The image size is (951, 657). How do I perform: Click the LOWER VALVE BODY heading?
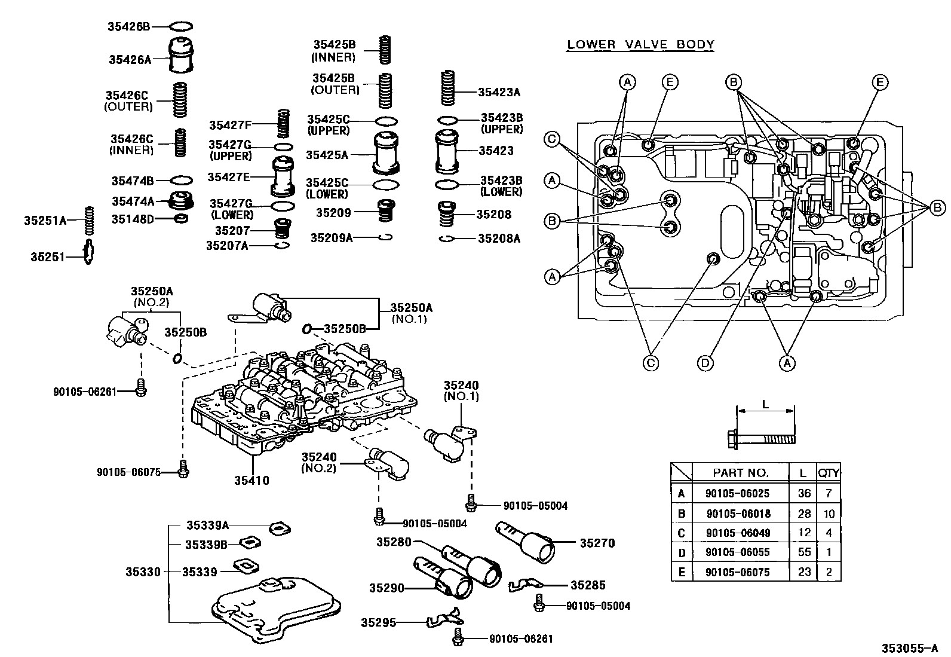(640, 44)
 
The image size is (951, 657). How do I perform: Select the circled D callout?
(705, 362)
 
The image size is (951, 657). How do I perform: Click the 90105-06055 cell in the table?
(738, 552)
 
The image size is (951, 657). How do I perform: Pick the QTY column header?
(829, 472)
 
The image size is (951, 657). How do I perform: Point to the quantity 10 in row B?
(829, 513)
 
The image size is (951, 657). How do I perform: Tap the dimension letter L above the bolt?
(765, 404)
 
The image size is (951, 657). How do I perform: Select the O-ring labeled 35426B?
(182, 26)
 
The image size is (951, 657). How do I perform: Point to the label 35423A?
(499, 92)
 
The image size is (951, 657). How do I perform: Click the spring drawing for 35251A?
(89, 220)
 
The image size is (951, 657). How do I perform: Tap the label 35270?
(597, 543)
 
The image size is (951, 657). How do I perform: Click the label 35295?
(378, 622)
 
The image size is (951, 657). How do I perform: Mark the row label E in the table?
(681, 572)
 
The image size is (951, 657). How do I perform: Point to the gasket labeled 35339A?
(278, 528)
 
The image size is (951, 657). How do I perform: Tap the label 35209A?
(332, 238)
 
